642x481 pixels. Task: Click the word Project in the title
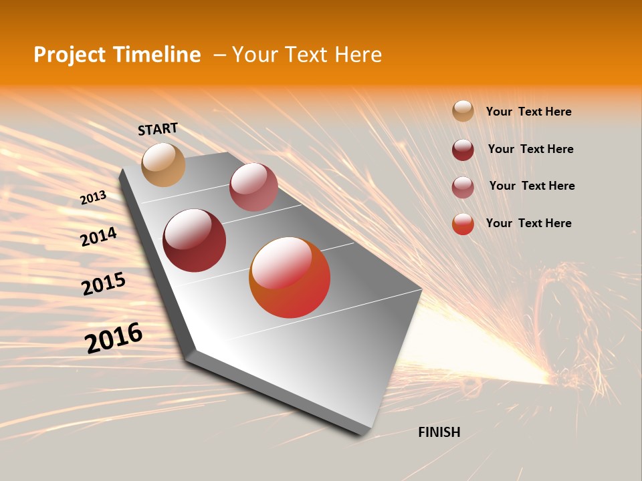tap(70, 55)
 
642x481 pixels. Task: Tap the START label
tap(158, 129)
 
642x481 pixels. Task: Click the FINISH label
tap(439, 432)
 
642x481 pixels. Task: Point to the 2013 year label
tap(94, 198)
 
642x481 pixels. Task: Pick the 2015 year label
tap(104, 284)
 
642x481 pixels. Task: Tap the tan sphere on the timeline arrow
tap(164, 164)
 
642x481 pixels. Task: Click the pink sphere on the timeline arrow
tap(253, 187)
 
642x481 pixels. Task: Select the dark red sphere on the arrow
tap(195, 240)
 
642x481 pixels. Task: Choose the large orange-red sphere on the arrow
tap(290, 277)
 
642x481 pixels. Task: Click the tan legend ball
tap(463, 111)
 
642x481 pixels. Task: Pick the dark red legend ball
tap(463, 150)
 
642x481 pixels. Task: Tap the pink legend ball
tap(463, 187)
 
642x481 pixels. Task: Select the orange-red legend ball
tap(463, 224)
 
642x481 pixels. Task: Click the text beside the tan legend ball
tap(528, 112)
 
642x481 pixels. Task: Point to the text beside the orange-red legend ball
tap(528, 223)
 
